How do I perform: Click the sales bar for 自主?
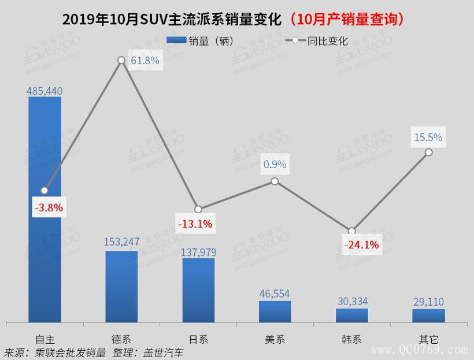click(45, 209)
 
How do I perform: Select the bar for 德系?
click(121, 286)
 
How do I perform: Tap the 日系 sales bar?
click(198, 290)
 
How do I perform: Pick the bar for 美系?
click(275, 311)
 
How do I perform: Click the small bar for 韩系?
click(351, 315)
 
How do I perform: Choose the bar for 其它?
click(428, 316)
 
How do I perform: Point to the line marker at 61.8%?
click(121, 60)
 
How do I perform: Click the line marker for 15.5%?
click(428, 152)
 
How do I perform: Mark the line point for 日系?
click(198, 209)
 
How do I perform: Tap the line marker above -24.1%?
click(351, 231)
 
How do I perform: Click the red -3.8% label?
click(48, 207)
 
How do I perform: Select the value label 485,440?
click(45, 91)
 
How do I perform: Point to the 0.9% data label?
click(275, 164)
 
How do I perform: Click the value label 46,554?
click(275, 294)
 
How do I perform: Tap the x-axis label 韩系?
click(351, 339)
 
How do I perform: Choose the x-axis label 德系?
click(121, 339)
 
